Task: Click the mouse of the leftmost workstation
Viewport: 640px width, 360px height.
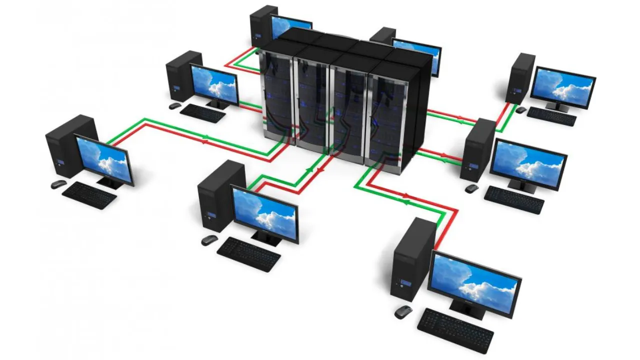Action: pyautogui.click(x=58, y=184)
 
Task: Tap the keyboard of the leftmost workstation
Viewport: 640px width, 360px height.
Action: pyautogui.click(x=89, y=194)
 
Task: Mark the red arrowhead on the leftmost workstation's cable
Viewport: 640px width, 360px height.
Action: pyautogui.click(x=204, y=142)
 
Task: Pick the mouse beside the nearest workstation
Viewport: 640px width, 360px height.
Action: pyautogui.click(x=403, y=312)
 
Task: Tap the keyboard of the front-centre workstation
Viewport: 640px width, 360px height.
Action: pyautogui.click(x=248, y=254)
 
